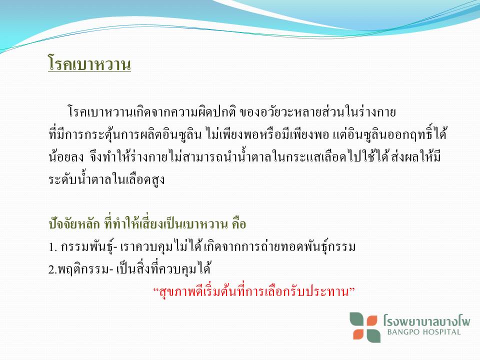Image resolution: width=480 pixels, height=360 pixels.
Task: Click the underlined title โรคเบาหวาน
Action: tap(89, 63)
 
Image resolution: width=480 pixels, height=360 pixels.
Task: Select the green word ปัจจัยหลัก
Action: tap(74, 224)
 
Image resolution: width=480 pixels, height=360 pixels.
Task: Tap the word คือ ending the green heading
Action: tap(239, 224)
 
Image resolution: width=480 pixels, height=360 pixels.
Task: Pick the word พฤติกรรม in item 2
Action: tap(83, 269)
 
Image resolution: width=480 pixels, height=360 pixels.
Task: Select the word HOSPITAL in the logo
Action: tap(441, 332)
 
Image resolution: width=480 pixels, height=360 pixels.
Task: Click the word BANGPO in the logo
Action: tap(403, 332)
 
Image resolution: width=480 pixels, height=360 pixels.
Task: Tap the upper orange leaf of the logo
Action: tap(371, 321)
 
